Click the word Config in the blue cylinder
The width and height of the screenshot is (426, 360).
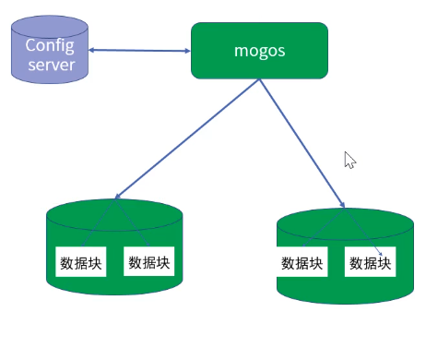(50, 45)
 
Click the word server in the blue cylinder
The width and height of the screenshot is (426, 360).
(50, 65)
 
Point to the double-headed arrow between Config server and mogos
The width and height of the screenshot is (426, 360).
(138, 51)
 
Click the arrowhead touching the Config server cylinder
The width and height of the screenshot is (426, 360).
(93, 50)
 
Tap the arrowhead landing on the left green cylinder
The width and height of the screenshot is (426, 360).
(117, 197)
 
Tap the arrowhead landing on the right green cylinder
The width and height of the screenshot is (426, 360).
(342, 205)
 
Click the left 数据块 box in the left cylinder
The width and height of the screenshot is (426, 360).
(79, 263)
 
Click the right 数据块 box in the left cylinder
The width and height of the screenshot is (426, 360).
(148, 263)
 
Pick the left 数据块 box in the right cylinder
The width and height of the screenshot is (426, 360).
(302, 263)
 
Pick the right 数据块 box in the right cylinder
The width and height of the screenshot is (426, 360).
(370, 263)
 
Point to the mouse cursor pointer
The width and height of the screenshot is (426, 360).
(349, 160)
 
